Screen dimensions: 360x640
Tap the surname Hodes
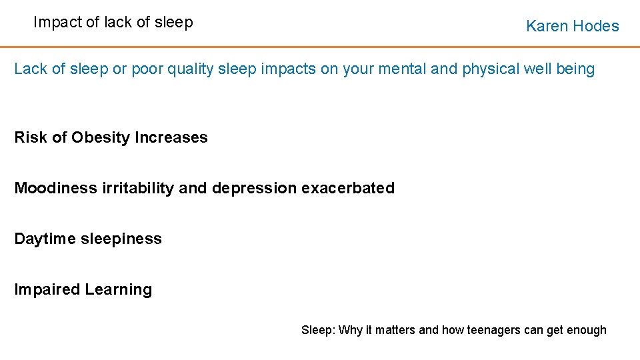(x=596, y=27)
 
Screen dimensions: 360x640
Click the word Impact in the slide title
(x=57, y=23)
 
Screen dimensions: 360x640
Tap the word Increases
(x=171, y=138)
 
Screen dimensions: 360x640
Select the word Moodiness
(x=56, y=189)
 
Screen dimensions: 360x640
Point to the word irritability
(x=139, y=189)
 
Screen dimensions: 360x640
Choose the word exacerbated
(x=348, y=189)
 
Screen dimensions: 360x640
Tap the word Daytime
(x=45, y=239)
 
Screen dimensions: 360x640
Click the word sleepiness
(x=121, y=239)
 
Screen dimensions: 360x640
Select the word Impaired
(x=47, y=290)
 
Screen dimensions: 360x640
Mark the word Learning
(x=119, y=290)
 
